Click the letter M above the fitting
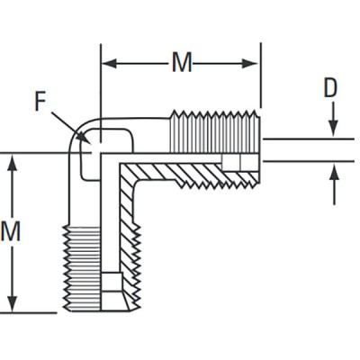[181, 63]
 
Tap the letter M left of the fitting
[12, 231]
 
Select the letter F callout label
[40, 100]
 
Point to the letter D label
[330, 87]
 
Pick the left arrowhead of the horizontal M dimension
[105, 64]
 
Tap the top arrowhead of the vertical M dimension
[12, 160]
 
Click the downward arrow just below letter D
[332, 130]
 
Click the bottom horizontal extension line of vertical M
[36, 312]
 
